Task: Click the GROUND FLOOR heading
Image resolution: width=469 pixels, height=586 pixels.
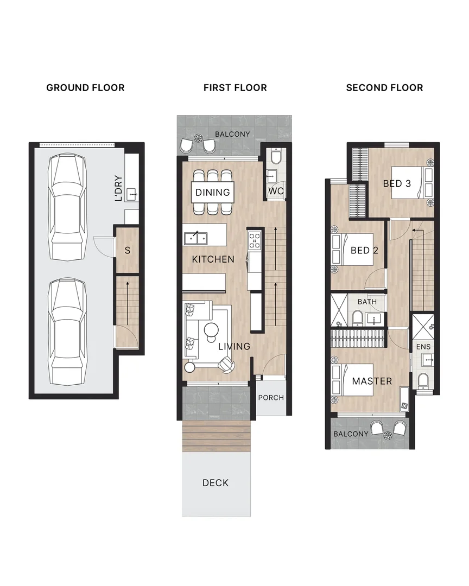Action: point(85,87)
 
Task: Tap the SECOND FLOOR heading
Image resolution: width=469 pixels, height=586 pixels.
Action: point(384,87)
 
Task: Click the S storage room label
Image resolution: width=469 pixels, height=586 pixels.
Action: point(128,251)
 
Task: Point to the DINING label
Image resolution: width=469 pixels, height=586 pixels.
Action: point(213,192)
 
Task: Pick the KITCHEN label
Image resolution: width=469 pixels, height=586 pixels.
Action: point(213,259)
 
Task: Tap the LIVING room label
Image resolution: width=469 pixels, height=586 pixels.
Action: point(234,346)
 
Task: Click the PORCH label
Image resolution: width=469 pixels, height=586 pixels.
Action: point(271,398)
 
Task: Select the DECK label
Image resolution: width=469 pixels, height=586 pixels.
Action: point(216,483)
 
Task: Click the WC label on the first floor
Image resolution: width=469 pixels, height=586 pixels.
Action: point(275,192)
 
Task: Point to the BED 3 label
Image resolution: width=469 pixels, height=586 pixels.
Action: point(397,183)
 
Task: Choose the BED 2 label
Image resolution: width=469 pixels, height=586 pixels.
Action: point(364,250)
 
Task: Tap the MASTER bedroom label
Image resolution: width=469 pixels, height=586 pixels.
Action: point(372,381)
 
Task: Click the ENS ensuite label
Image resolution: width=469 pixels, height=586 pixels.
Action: point(422,346)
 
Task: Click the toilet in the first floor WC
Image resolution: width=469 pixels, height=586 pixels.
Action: point(275,157)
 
